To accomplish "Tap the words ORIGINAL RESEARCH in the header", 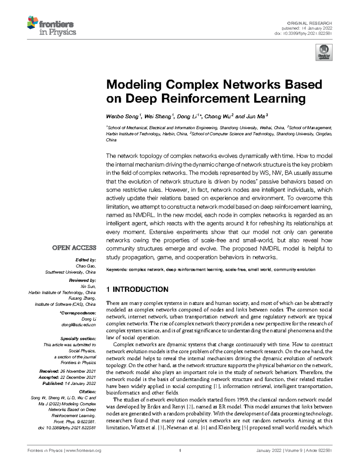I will [309, 23].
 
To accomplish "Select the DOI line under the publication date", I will [303, 33].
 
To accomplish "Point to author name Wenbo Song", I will [122, 117].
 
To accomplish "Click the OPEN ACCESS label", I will [74, 248].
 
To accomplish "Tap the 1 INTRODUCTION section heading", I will [137, 289].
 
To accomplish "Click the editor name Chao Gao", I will [86, 266].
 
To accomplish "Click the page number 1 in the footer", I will [180, 450].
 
